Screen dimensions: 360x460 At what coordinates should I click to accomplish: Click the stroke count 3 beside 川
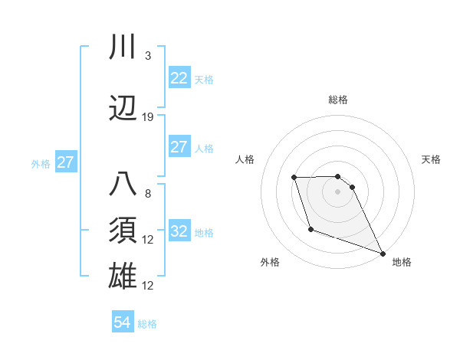147,56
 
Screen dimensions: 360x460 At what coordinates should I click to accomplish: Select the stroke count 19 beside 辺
148,117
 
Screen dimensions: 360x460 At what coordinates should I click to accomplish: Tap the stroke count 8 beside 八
147,194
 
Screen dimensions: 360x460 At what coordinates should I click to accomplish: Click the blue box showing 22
179,78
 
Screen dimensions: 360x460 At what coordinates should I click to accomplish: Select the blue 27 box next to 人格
179,148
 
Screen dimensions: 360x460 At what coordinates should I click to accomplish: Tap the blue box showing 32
179,231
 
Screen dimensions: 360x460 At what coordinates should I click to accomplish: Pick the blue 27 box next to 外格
65,162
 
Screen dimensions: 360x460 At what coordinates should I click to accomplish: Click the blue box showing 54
123,323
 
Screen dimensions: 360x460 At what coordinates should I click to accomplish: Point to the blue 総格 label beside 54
147,324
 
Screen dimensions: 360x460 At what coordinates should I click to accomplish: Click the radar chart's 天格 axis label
431,159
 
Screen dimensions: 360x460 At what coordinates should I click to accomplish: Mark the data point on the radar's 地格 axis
383,254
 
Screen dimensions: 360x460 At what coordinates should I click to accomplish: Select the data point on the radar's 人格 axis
294,178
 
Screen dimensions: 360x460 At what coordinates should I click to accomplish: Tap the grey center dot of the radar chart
337,191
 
